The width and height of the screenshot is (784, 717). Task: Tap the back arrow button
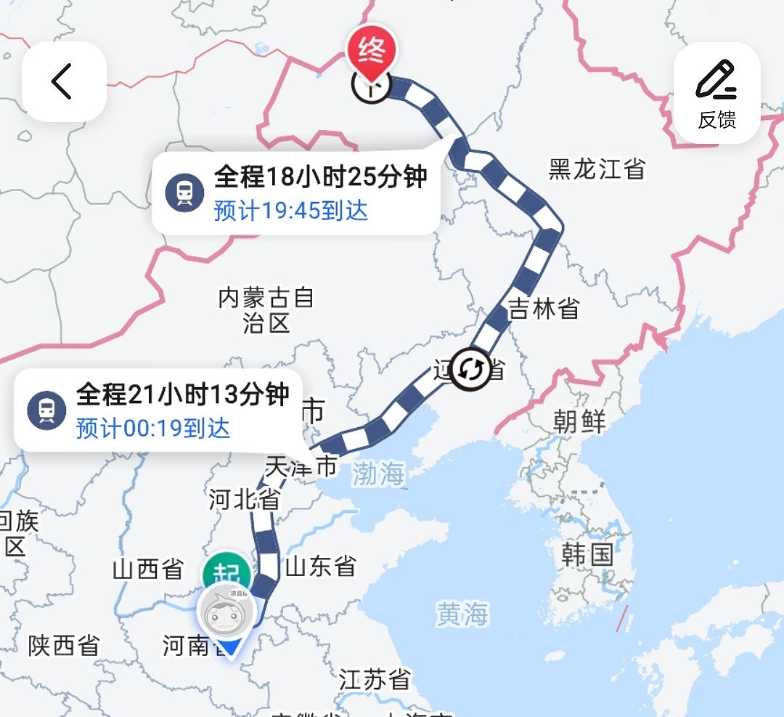[x=63, y=81]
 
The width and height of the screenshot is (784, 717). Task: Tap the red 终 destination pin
[x=372, y=54]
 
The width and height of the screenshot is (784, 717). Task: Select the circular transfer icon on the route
[x=470, y=370]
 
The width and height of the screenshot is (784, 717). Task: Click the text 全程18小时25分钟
[x=320, y=177]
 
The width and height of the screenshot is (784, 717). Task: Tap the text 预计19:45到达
[x=291, y=211]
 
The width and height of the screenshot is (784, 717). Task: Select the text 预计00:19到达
[x=153, y=428]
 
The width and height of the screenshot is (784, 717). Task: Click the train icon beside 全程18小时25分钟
[x=184, y=193]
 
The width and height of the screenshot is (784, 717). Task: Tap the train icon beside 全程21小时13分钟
[x=46, y=410]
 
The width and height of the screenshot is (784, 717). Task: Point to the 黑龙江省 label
[x=597, y=169]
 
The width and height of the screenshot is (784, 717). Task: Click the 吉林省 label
[x=544, y=309]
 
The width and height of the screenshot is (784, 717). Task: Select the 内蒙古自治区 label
[x=266, y=309]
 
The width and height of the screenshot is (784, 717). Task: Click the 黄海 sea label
[x=462, y=615]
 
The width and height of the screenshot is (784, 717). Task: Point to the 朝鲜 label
[x=579, y=421]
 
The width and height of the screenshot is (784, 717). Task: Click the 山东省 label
[x=320, y=566]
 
